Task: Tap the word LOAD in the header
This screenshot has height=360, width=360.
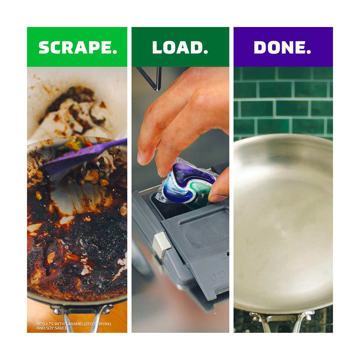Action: [178, 47]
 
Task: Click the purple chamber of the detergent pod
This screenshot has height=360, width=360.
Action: [192, 171]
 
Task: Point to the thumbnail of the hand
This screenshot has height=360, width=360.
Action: [217, 198]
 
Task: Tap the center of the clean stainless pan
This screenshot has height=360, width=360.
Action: [283, 222]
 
